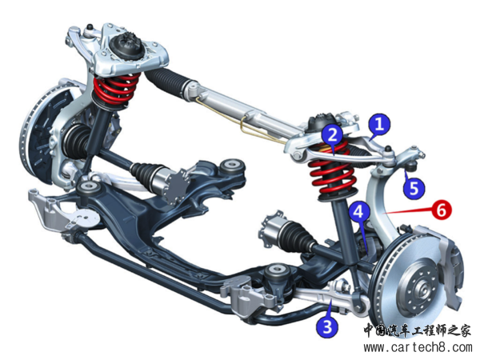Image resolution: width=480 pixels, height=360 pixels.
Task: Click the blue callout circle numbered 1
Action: tap(379, 123)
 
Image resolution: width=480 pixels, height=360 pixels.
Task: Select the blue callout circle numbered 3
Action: tap(326, 325)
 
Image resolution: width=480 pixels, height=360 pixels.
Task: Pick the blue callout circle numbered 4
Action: tap(360, 211)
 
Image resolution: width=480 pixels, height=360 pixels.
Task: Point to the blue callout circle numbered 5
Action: tap(413, 189)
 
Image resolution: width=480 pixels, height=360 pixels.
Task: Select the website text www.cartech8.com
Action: tap(417, 348)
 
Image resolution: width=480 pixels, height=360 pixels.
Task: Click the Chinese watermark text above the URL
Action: tap(418, 330)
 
